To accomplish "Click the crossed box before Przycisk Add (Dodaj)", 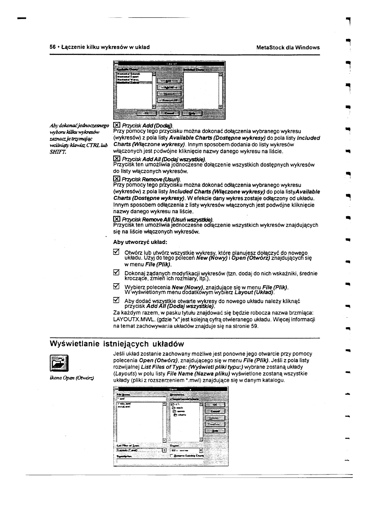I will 116,125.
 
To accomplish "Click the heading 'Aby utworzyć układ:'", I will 140,242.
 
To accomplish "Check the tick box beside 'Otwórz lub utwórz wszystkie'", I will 116,252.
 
